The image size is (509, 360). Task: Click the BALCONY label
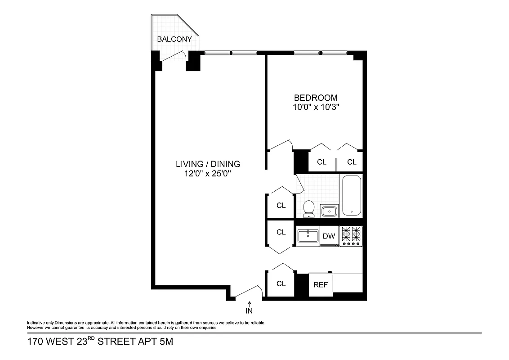(x=174, y=39)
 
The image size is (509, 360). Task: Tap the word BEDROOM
(x=315, y=98)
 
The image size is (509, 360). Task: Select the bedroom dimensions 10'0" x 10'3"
(x=315, y=107)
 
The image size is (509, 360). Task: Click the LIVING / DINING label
(x=208, y=164)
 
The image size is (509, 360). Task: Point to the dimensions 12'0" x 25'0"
(x=208, y=174)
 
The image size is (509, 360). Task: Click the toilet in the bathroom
(x=308, y=208)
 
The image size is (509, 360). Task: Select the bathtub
(x=352, y=196)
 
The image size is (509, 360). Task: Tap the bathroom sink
(x=330, y=211)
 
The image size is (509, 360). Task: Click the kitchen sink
(x=308, y=235)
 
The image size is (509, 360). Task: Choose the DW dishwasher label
(x=329, y=236)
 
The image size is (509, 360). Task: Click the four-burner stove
(x=351, y=236)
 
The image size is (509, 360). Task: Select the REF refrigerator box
(x=320, y=284)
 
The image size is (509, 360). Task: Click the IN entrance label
(x=249, y=311)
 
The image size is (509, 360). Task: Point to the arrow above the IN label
(x=249, y=304)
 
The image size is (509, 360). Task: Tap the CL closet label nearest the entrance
(x=281, y=283)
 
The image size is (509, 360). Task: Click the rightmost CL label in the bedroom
(x=352, y=162)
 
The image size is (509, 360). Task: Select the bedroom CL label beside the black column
(x=321, y=162)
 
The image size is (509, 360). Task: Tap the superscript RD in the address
(x=90, y=339)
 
